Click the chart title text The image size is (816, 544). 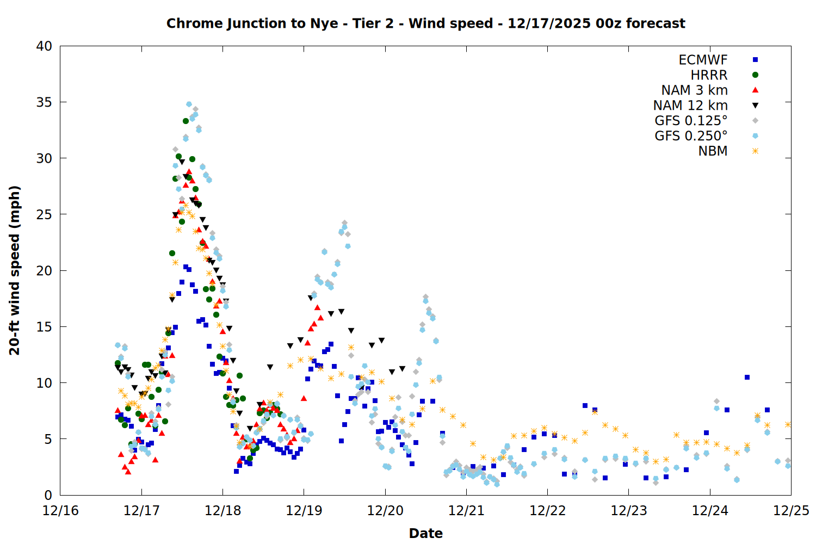(x=425, y=23)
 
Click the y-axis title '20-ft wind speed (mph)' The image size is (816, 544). (x=15, y=270)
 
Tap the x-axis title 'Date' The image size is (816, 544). (x=425, y=533)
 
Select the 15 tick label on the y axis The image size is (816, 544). (x=44, y=327)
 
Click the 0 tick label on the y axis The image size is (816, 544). (x=48, y=495)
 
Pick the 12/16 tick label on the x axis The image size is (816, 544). (x=60, y=511)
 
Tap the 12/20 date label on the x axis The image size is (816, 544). (x=385, y=511)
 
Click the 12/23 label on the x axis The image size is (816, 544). (x=629, y=511)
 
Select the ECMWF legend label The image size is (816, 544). (x=703, y=60)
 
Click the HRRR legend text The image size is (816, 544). (x=709, y=75)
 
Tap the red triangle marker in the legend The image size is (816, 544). (x=755, y=90)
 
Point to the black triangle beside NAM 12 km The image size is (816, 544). (x=755, y=106)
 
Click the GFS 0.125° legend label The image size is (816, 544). (x=691, y=121)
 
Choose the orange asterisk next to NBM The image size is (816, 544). (x=755, y=151)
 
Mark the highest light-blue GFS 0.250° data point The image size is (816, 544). (x=189, y=104)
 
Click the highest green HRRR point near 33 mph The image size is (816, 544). (x=186, y=121)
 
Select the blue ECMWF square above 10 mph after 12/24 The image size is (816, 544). (x=747, y=377)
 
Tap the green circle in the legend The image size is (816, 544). (x=755, y=75)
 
